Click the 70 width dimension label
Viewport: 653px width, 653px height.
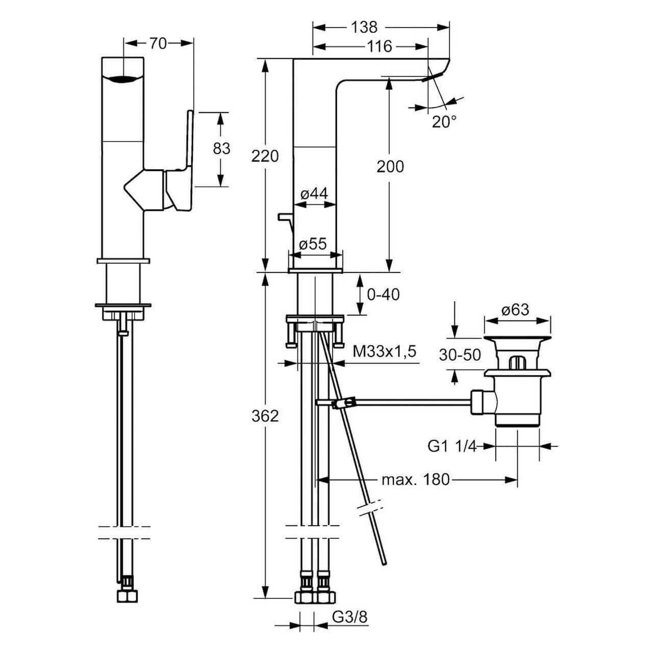tap(158, 44)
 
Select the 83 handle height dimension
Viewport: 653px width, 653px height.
tap(221, 148)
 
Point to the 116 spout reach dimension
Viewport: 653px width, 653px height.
tap(380, 47)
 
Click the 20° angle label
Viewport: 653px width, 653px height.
tap(444, 121)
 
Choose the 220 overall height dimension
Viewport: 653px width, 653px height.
tap(265, 156)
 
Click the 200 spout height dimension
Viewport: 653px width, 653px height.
tap(390, 166)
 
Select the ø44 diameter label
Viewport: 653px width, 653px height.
tap(314, 193)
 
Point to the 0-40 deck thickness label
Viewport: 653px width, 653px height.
tap(383, 294)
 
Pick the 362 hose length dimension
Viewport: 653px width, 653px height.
tap(265, 416)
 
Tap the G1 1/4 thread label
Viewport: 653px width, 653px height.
tap(451, 446)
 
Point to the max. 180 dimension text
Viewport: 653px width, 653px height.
tap(416, 480)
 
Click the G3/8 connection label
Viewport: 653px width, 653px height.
tap(350, 617)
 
